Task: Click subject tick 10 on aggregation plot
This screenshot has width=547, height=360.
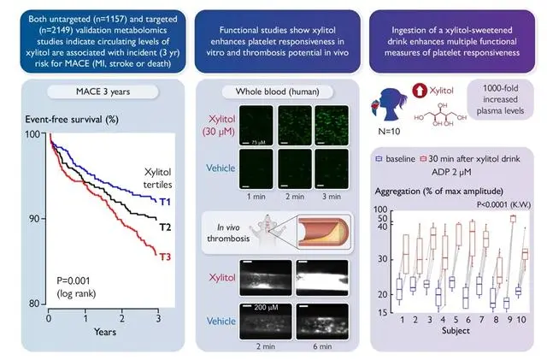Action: [x=523, y=318]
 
